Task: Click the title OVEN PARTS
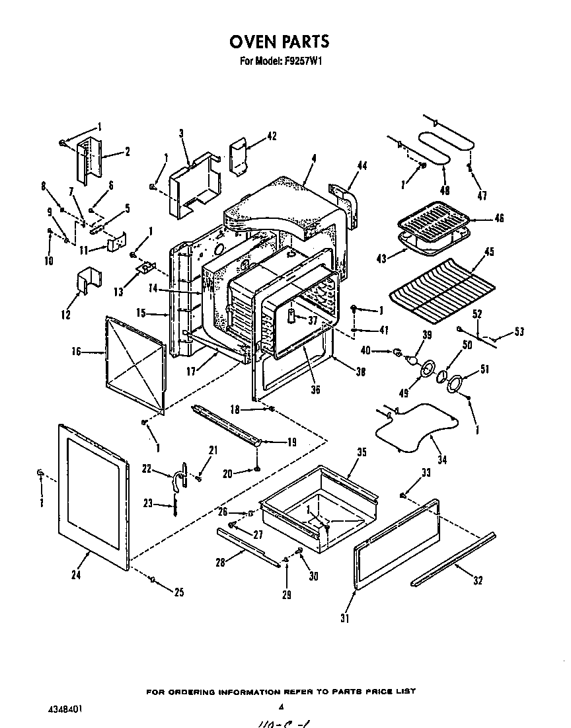[279, 42]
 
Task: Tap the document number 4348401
[66, 708]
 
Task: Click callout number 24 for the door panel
[76, 575]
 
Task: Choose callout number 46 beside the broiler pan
[499, 218]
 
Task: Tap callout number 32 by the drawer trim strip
[477, 581]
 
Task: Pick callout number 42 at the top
[272, 136]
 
